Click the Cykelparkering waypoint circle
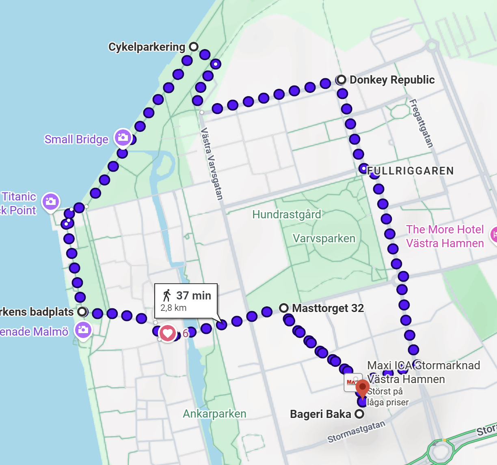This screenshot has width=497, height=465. click(194, 47)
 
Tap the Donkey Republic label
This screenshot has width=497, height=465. click(392, 80)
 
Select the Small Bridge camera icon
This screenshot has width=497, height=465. click(123, 138)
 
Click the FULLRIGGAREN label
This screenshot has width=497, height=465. click(410, 171)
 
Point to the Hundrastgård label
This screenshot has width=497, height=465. click(286, 214)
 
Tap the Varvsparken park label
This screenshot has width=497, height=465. click(324, 239)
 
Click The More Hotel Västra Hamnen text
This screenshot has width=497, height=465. click(445, 236)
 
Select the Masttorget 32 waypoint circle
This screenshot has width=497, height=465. click(284, 308)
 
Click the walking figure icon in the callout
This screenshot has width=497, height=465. click(166, 295)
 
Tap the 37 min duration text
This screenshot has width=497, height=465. click(194, 295)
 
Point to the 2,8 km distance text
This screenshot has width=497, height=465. click(173, 308)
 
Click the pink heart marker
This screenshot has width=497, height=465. click(167, 334)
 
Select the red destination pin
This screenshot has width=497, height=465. click(362, 389)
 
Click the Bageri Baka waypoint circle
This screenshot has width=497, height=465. click(359, 414)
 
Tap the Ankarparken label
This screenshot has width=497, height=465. click(214, 414)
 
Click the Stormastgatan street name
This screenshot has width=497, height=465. click(356, 432)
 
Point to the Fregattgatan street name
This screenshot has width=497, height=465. click(421, 123)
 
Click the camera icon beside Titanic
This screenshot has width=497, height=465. click(51, 201)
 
